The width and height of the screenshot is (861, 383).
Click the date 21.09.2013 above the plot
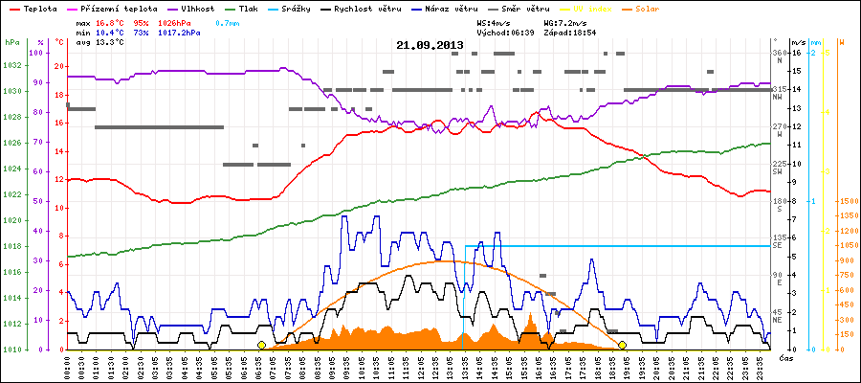click(430, 45)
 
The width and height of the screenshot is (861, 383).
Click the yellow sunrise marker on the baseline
click(261, 345)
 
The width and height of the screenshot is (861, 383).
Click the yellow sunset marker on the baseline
click(622, 345)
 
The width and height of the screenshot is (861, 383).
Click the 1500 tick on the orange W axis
click(847, 202)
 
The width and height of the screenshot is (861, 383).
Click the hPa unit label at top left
click(11, 43)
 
